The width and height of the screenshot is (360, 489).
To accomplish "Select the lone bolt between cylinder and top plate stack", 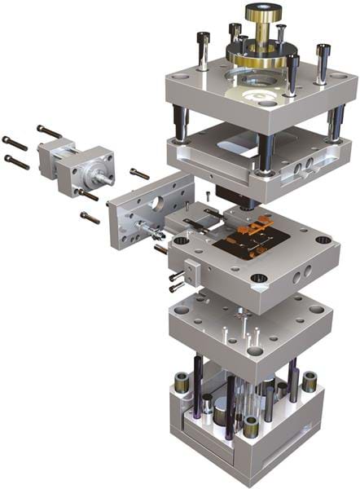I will pyautogui.click(x=139, y=174).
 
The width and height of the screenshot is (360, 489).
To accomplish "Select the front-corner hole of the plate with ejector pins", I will pyautogui.click(x=254, y=351).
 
